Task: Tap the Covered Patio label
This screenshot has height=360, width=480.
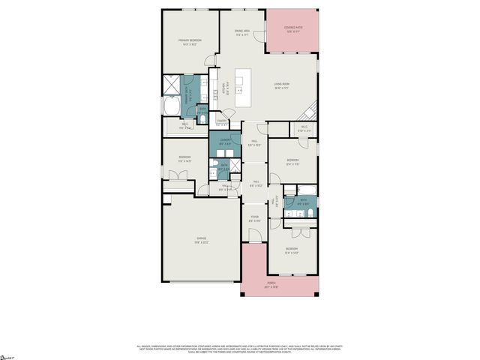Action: [x=292, y=30]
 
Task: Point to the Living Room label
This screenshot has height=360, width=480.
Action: [x=282, y=86]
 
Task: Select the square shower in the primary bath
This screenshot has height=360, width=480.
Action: [x=171, y=88]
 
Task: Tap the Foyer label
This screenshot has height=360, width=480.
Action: [x=255, y=219]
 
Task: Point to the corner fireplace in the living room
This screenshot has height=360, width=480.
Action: [x=309, y=112]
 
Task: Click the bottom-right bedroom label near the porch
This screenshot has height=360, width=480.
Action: [x=291, y=250]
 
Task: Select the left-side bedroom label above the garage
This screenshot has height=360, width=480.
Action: [x=184, y=158]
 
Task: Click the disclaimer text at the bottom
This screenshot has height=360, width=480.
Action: [x=240, y=348]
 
